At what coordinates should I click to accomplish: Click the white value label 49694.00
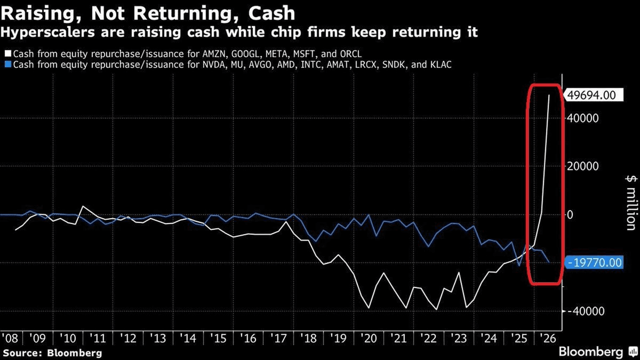coord(591,95)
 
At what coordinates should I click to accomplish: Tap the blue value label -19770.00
coord(594,262)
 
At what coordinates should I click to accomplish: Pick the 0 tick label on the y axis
coord(570,214)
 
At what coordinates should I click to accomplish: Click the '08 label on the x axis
coord(10,339)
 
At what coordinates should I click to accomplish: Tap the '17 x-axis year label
coord(278,339)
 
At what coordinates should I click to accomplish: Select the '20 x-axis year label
coord(369,339)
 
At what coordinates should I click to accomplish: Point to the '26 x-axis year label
coord(548,339)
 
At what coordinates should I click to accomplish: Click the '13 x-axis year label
coord(158,339)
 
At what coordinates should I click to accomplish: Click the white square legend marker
coord(8,53)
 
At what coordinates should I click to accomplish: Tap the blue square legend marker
coord(8,65)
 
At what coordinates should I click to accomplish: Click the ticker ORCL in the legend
coord(350,54)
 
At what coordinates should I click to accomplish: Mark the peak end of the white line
coord(549,95)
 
